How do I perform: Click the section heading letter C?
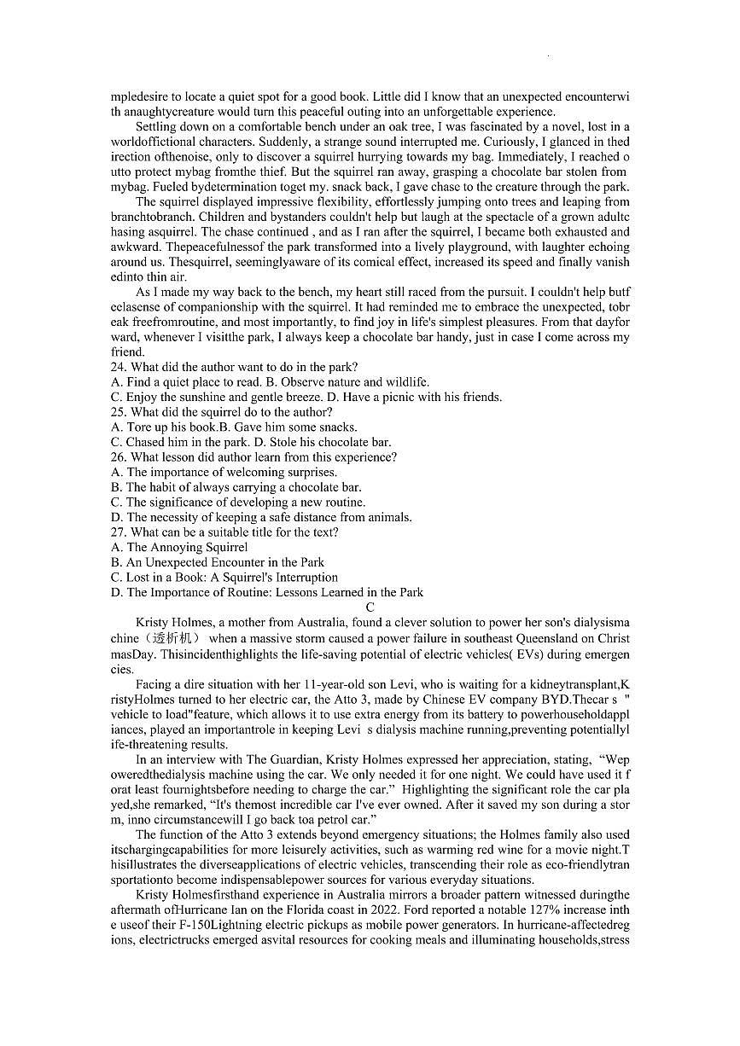pos(370,607)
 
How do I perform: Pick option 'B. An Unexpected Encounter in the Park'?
pos(218,562)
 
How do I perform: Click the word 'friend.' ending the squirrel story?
pos(128,352)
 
